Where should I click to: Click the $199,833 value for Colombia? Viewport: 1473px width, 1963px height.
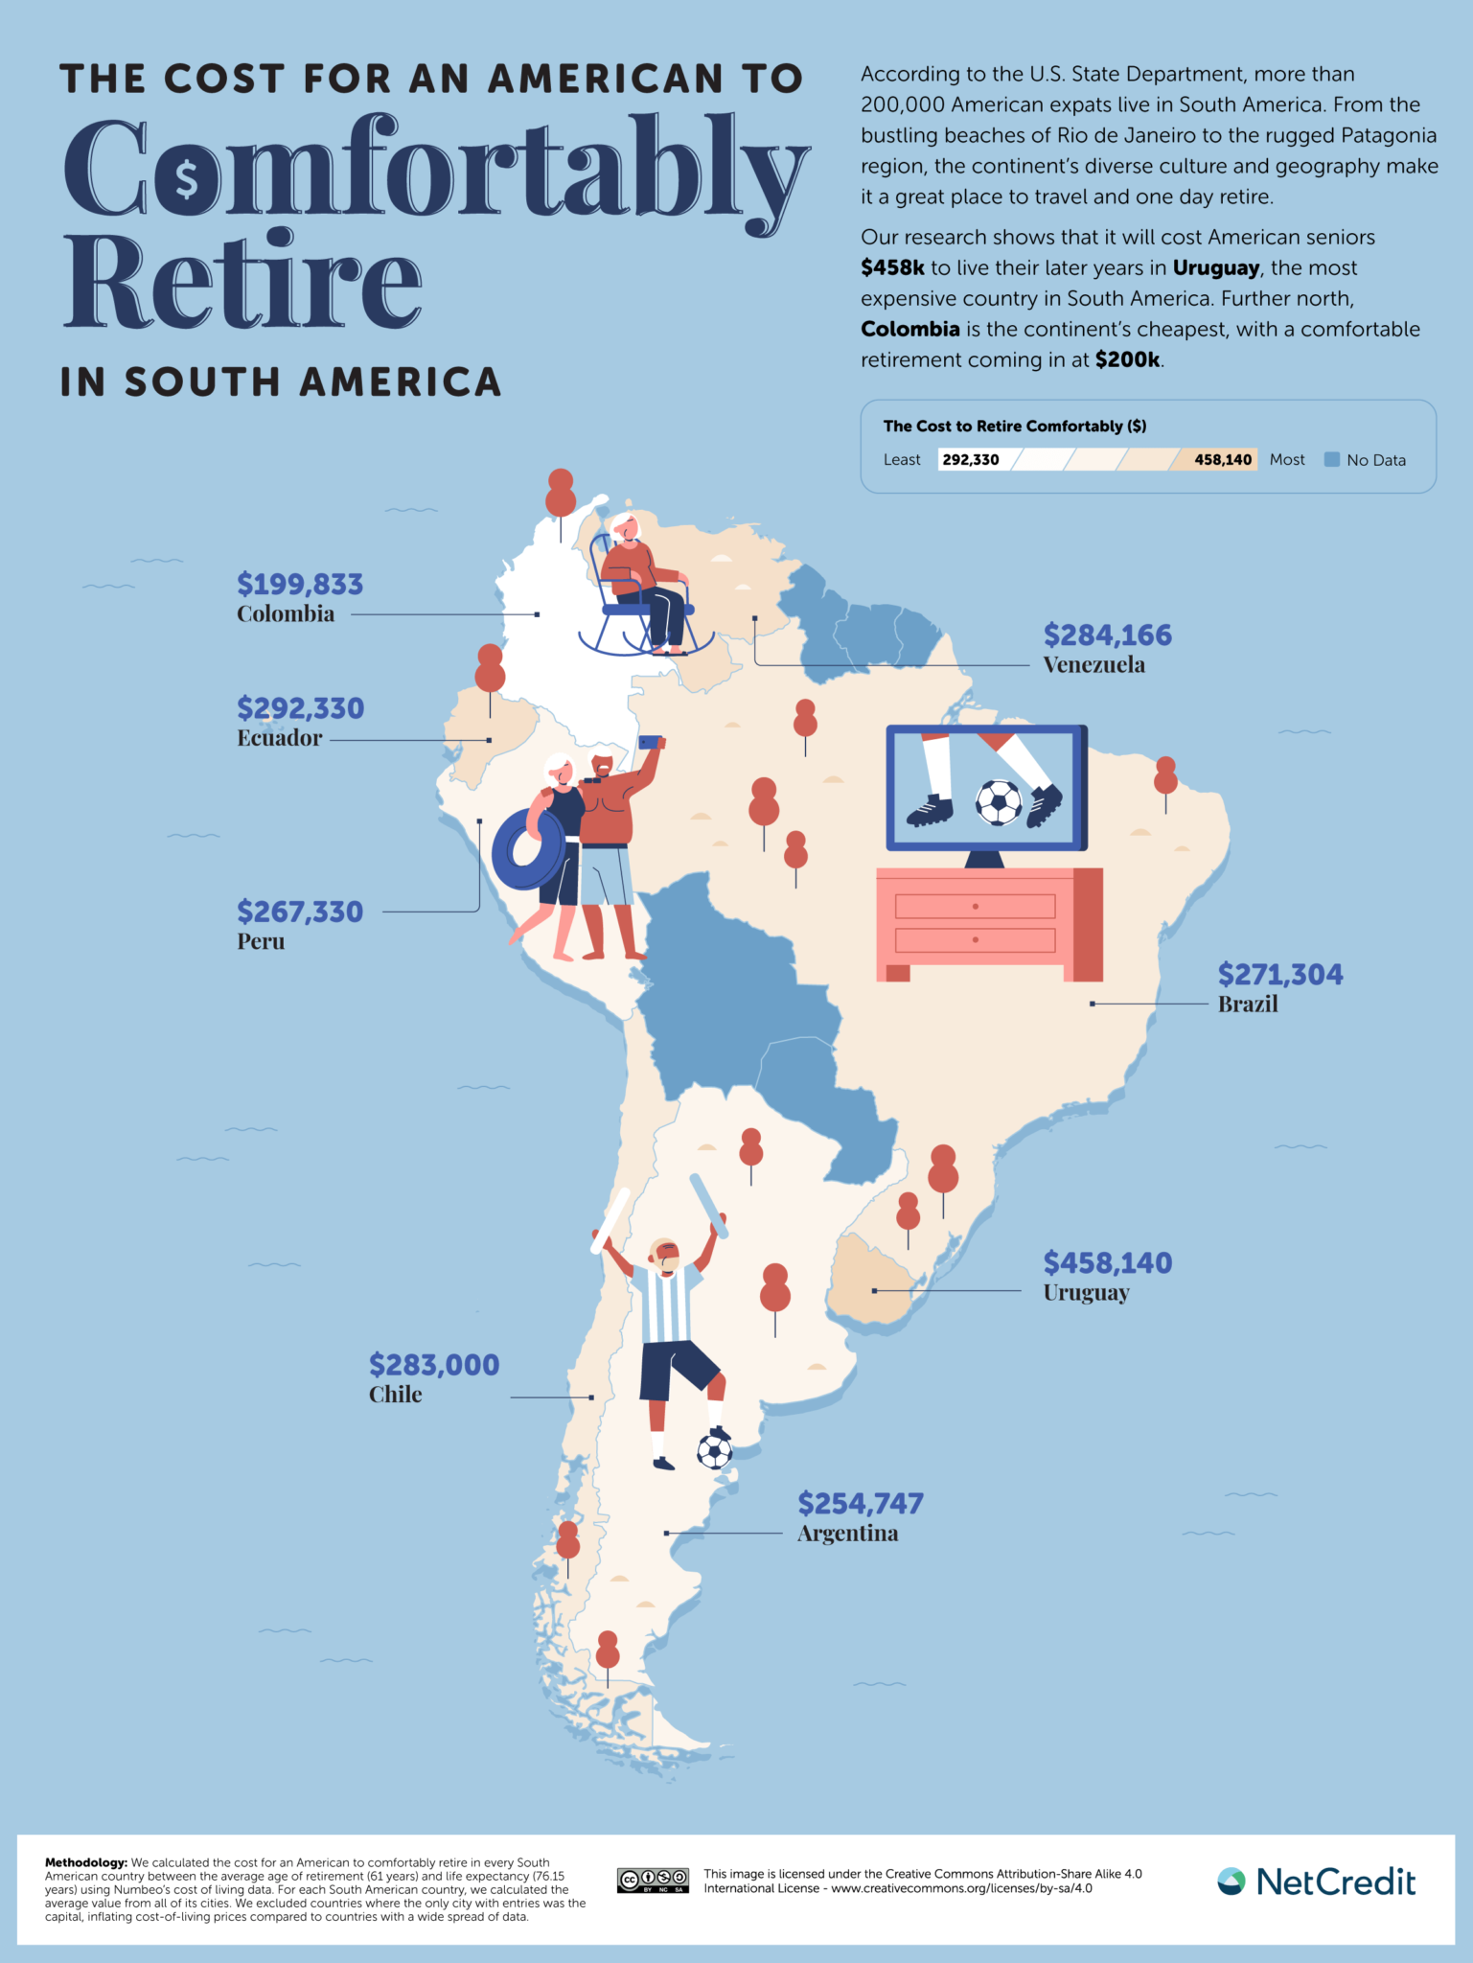pyautogui.click(x=300, y=584)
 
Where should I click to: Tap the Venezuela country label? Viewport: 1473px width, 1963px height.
pyautogui.click(x=1093, y=664)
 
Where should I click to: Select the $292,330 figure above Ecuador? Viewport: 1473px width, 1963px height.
pyautogui.click(x=300, y=708)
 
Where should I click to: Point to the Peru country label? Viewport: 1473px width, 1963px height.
pyautogui.click(x=261, y=941)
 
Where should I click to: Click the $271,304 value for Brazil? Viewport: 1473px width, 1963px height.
pyautogui.click(x=1280, y=975)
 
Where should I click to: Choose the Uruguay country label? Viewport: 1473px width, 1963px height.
pyautogui.click(x=1086, y=1293)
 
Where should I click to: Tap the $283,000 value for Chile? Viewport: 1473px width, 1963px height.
pyautogui.click(x=434, y=1365)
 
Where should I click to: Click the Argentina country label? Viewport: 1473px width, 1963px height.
pyautogui.click(x=847, y=1534)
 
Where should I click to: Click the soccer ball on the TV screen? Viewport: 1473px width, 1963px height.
pyautogui.click(x=999, y=802)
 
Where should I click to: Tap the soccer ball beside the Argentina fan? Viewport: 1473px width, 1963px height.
pyautogui.click(x=714, y=1452)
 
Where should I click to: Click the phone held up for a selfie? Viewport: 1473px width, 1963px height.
pyautogui.click(x=651, y=742)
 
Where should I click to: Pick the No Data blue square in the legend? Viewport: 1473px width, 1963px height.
pyautogui.click(x=1331, y=459)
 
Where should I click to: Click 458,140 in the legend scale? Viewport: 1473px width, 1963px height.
pyautogui.click(x=1222, y=459)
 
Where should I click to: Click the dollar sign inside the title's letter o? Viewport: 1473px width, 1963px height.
pyautogui.click(x=187, y=179)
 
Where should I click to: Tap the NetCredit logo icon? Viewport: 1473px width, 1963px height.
pyautogui.click(x=1231, y=1882)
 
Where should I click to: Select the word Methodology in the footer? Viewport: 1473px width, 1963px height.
pyautogui.click(x=85, y=1862)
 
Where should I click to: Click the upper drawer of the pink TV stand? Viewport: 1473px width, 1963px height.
pyautogui.click(x=975, y=906)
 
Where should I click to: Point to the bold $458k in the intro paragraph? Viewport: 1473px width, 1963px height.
pyautogui.click(x=892, y=267)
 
